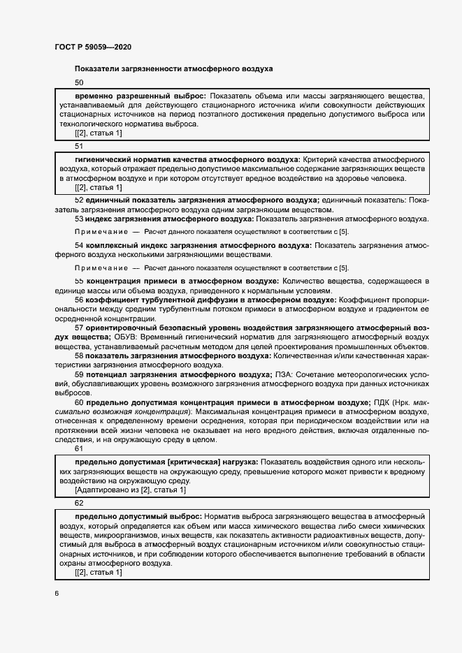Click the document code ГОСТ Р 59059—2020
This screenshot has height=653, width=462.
92,47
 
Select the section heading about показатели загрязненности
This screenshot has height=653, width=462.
173,68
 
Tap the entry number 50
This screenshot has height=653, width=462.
79,83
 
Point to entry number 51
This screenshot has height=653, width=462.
79,147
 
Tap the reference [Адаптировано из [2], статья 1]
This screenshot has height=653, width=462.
130,491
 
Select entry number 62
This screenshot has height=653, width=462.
79,503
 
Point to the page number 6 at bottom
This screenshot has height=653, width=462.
57,594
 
